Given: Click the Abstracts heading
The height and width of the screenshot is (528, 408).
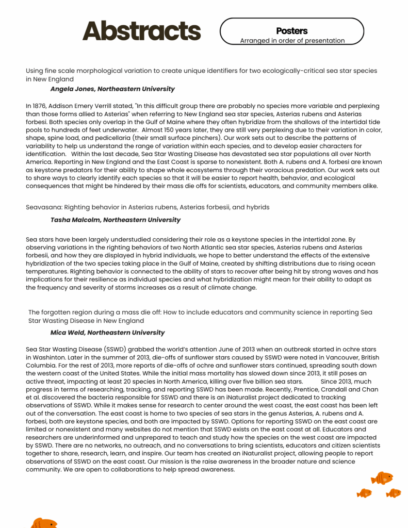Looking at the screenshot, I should point(141,31).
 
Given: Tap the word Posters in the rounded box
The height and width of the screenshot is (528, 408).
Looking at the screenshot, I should point(292,31).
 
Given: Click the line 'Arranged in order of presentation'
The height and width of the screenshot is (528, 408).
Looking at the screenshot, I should point(292,41).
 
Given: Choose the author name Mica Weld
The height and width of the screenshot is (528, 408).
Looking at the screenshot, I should point(69,333).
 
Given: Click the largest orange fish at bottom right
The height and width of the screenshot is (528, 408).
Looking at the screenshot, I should point(382,478).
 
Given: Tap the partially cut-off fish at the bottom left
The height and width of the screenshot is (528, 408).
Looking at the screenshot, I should point(43,523).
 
